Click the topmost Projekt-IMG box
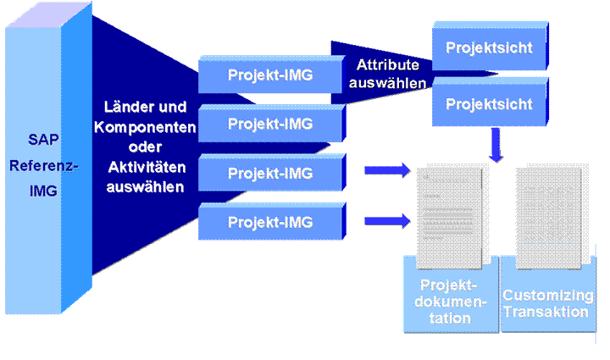(x=272, y=75)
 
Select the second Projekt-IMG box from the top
(x=272, y=124)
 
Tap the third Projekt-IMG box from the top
(x=272, y=173)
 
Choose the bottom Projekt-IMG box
(x=272, y=222)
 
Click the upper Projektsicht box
(x=491, y=47)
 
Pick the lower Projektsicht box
(x=491, y=102)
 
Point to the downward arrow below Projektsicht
(x=496, y=145)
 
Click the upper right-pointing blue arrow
(x=387, y=170)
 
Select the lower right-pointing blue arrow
(x=387, y=221)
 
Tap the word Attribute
(x=387, y=65)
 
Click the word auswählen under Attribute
(x=387, y=83)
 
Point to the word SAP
(x=43, y=140)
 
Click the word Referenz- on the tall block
(x=43, y=166)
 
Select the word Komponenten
(x=145, y=127)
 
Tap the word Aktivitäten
(x=147, y=167)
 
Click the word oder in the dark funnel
(x=145, y=147)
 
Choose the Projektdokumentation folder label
(x=450, y=302)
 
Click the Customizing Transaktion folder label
(x=548, y=303)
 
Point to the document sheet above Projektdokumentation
(x=449, y=218)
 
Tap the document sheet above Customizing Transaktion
(x=548, y=218)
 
